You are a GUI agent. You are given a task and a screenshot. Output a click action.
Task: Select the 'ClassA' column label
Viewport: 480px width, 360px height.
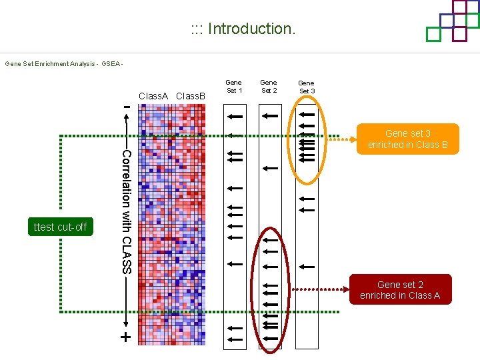point(153,96)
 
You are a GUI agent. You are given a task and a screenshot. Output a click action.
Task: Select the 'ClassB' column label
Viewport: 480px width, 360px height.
point(191,96)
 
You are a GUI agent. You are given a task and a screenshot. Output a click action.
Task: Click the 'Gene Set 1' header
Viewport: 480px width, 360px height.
point(234,87)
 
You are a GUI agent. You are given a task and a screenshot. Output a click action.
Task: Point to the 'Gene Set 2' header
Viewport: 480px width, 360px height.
point(269,87)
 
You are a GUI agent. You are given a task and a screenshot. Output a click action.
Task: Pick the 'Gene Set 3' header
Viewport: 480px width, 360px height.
point(307,87)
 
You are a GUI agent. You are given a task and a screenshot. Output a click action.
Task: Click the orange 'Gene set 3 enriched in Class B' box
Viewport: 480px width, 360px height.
point(407,139)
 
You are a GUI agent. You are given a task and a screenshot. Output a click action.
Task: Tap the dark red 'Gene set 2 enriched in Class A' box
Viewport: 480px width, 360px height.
point(400,290)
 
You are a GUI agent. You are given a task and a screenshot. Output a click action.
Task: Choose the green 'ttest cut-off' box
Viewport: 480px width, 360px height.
point(60,227)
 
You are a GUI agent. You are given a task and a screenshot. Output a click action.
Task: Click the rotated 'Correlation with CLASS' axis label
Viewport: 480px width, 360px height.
point(127,211)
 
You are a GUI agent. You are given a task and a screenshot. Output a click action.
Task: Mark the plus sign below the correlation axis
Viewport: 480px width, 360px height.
point(125,337)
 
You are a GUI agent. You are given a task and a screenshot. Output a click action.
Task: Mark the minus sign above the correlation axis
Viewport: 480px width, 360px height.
point(125,105)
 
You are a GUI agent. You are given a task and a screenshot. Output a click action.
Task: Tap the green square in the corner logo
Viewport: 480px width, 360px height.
point(434,33)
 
